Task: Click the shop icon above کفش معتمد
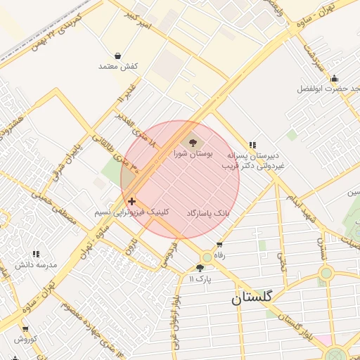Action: coord(117,56)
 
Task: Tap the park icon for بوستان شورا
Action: coord(194,143)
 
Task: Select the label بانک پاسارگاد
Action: coord(208,212)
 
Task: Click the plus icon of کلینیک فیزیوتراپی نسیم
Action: coord(131,202)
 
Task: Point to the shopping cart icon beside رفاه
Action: coord(219,245)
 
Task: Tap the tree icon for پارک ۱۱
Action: coord(200,268)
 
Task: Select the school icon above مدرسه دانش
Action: coord(35,255)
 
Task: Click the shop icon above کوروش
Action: coord(25,328)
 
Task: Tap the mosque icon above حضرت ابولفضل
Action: coord(334,79)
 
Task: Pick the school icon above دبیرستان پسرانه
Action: coord(252,144)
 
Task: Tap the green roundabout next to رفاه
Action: coord(207,257)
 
